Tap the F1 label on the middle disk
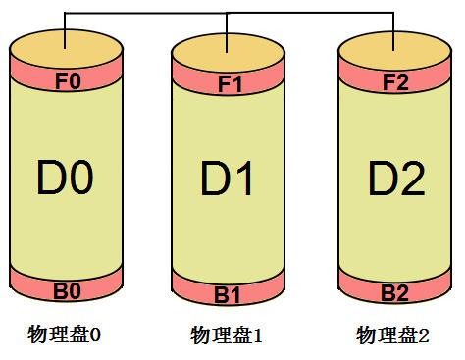click(x=228, y=84)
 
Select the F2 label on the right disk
click(x=394, y=82)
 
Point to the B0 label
click(x=67, y=290)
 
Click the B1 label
click(x=228, y=295)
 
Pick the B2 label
click(x=394, y=291)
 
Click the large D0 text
click(x=67, y=180)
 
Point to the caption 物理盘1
click(x=227, y=336)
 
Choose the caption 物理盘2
click(x=392, y=335)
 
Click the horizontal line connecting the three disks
click(x=147, y=13)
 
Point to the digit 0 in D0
click(x=82, y=180)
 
